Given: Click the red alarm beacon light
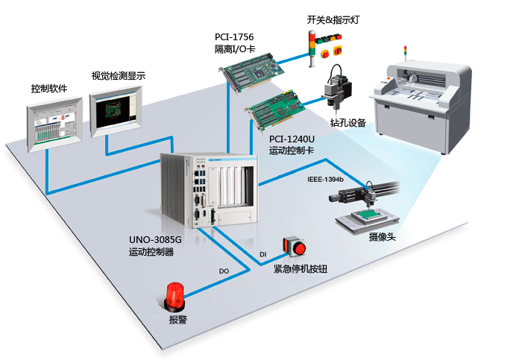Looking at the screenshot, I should point(174,295).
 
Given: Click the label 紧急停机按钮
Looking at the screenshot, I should point(301,268).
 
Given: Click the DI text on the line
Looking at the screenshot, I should point(262,255).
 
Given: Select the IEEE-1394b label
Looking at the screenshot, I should point(325,180).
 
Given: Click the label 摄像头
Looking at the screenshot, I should point(382,236).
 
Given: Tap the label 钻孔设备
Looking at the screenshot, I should point(348,123).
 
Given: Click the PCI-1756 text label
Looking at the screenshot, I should point(234,37).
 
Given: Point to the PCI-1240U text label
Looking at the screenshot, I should point(292,139).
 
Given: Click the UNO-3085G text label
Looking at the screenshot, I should point(156,240).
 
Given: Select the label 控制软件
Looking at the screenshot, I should point(49,88).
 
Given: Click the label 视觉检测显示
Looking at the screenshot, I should point(118,75).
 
